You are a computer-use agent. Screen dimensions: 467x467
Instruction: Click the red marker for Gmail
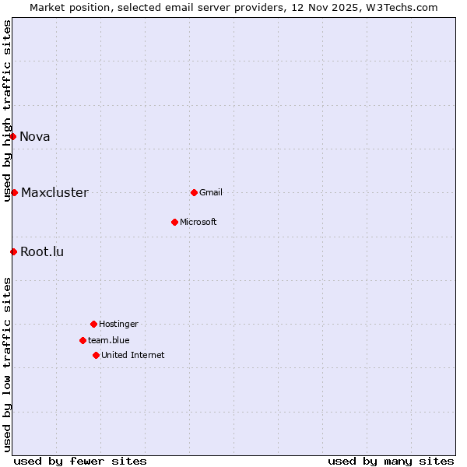[x=194, y=192]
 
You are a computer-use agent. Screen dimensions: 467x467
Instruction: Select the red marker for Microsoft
[x=174, y=222]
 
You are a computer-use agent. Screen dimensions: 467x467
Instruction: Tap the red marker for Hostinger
[x=93, y=324]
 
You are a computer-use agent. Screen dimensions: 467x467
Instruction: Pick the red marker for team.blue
[x=83, y=340]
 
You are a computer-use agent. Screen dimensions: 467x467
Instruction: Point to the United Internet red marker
[x=96, y=355]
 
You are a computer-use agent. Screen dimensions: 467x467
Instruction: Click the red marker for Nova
[x=12, y=136]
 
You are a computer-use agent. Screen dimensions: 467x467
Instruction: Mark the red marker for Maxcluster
[x=14, y=192]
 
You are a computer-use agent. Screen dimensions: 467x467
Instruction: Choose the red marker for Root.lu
[x=13, y=251]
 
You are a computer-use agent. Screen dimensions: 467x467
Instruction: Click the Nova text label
[x=35, y=137]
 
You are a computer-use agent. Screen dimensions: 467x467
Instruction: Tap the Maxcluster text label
[x=54, y=193]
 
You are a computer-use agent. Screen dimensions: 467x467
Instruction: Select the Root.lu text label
[x=42, y=252]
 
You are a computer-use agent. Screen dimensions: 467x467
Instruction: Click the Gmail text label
[x=211, y=193]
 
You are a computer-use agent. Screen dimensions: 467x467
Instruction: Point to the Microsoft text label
[x=198, y=223]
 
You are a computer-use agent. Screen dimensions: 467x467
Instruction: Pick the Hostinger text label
[x=118, y=325]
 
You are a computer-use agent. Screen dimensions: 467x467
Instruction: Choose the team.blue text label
[x=109, y=341]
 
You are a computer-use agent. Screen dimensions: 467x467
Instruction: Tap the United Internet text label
[x=133, y=356]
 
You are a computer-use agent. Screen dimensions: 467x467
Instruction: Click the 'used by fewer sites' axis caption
[x=80, y=461]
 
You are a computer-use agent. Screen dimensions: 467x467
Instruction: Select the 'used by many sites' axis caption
[x=391, y=461]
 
